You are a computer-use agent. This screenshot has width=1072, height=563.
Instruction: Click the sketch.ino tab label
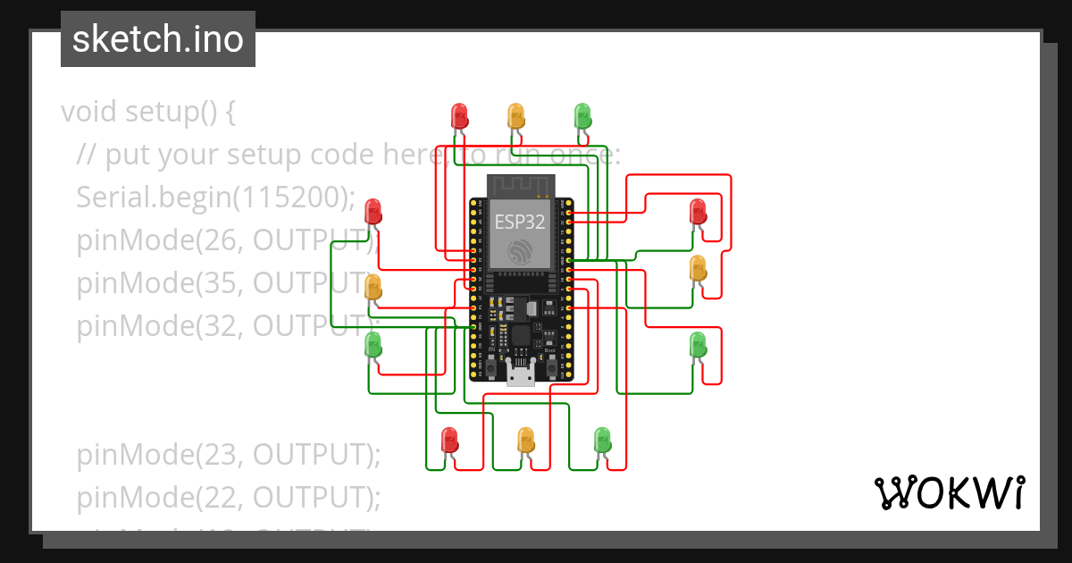[x=157, y=39]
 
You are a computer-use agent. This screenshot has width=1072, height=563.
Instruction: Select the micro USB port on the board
[x=521, y=374]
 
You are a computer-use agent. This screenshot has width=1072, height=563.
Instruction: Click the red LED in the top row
[x=459, y=115]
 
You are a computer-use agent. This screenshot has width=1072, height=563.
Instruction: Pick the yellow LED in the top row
[x=515, y=115]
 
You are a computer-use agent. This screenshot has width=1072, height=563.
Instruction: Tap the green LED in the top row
[x=582, y=115]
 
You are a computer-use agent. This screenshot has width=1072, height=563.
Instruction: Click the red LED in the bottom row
[x=450, y=440]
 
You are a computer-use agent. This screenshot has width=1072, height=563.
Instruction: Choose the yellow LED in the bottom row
[x=526, y=440]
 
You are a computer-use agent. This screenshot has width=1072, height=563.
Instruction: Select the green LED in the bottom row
[x=603, y=440]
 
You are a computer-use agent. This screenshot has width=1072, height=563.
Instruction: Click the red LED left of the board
[x=373, y=213]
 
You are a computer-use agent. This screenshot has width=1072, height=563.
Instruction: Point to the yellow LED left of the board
[x=373, y=288]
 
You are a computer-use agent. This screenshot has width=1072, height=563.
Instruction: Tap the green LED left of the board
[x=373, y=344]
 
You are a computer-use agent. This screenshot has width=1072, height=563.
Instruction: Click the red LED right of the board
[x=698, y=213]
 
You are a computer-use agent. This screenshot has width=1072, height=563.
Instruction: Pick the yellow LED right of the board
[x=698, y=268]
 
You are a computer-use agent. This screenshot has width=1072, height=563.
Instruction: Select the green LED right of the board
[x=698, y=344]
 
